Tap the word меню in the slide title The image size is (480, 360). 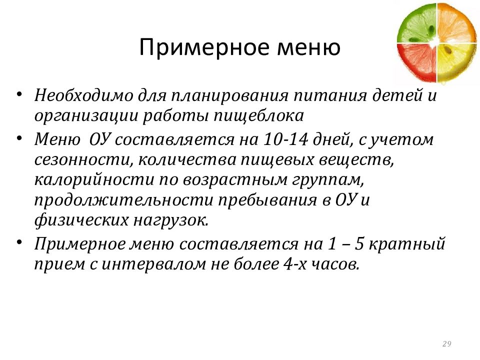pyautogui.click(x=307, y=48)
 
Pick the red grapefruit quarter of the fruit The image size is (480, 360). pyautogui.click(x=418, y=62)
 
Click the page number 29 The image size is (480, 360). pyautogui.click(x=446, y=343)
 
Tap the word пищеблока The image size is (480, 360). pyautogui.click(x=259, y=116)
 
